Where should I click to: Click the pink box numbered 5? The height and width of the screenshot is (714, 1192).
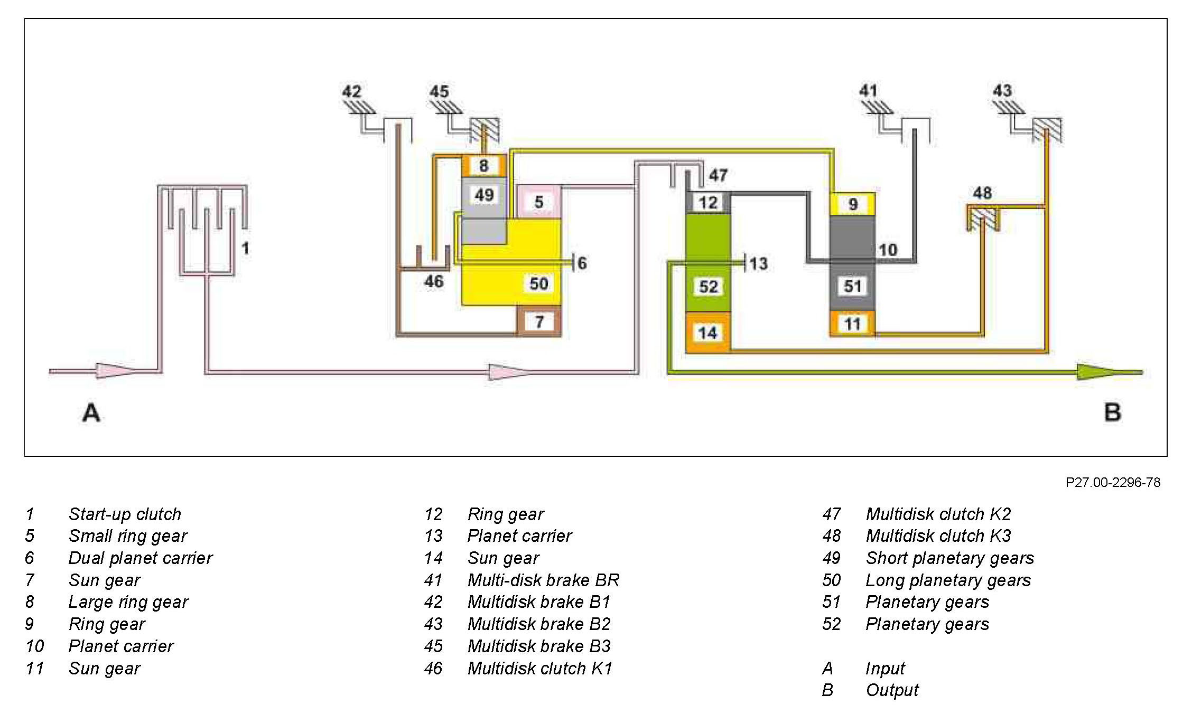tap(538, 202)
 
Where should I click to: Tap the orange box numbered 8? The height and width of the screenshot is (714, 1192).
tap(483, 166)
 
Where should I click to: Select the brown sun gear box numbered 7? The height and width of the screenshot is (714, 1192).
tap(538, 321)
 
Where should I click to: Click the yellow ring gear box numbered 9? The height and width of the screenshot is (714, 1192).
tap(852, 204)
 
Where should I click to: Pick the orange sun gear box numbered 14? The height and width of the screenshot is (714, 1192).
tap(707, 333)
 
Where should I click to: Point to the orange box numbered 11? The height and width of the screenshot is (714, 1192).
tap(852, 324)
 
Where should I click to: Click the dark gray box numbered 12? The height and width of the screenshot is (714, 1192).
tap(708, 202)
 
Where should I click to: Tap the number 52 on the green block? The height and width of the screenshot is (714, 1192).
tap(708, 287)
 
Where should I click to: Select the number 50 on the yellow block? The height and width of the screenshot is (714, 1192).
tap(538, 284)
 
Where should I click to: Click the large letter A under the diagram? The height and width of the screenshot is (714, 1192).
tap(91, 412)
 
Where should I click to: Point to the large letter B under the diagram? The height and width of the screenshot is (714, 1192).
tap(1112, 412)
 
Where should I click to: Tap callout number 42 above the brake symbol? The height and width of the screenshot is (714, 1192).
tap(351, 91)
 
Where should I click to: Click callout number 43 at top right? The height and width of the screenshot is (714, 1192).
tap(1002, 90)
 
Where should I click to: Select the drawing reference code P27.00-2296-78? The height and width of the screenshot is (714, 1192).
tap(1112, 483)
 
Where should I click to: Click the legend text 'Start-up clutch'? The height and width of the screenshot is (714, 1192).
tap(125, 514)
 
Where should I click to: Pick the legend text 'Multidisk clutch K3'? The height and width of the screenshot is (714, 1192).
tap(938, 535)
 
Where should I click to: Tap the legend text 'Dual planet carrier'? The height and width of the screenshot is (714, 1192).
tap(140, 558)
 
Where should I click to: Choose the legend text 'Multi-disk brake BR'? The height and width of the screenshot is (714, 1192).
tap(543, 580)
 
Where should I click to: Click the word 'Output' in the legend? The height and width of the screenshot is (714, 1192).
tap(892, 690)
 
